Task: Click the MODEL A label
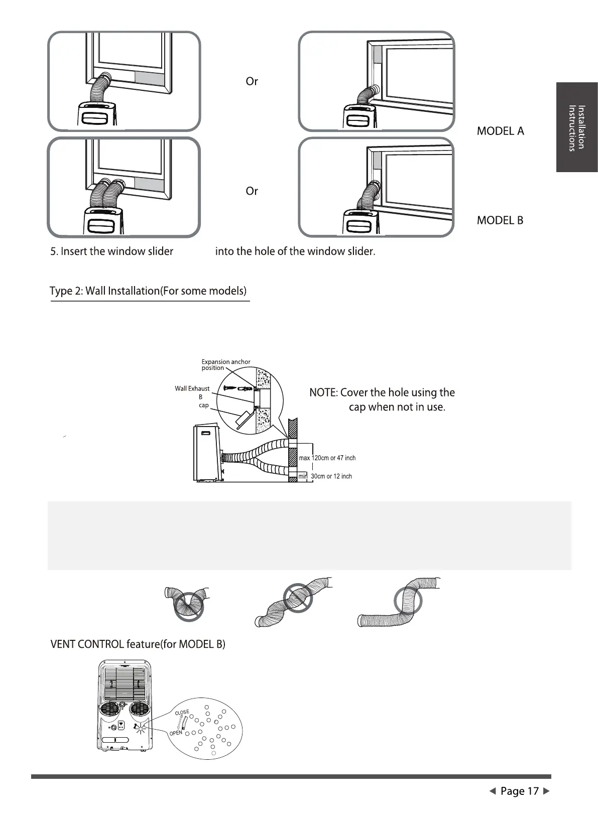point(500,131)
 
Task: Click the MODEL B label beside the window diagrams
point(500,220)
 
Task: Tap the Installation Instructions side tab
point(576,127)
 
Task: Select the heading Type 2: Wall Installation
point(148,291)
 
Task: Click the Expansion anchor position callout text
point(225,365)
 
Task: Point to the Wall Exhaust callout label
point(192,388)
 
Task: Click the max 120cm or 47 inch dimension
point(327,458)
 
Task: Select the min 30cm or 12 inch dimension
point(325,476)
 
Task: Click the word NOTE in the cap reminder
point(323,392)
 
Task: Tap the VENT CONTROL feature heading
point(138,644)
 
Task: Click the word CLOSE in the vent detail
point(182,713)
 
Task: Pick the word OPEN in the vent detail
point(176,733)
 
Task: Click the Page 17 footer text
point(520,791)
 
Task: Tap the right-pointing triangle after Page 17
point(547,791)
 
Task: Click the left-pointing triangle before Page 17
point(493,791)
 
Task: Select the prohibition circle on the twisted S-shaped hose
point(298,598)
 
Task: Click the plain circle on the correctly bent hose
point(408,601)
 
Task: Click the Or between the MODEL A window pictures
point(252,81)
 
